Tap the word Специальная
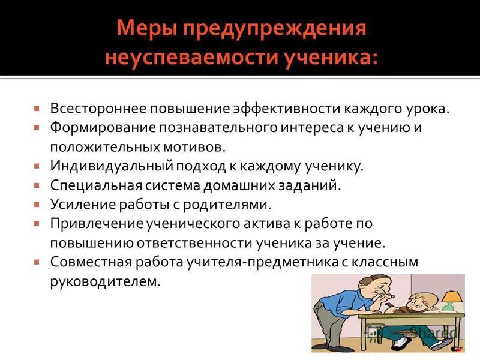point(89,185)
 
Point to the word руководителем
point(106,281)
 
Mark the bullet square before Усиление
point(37,204)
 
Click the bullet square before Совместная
point(37,262)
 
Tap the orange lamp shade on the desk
point(451,296)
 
